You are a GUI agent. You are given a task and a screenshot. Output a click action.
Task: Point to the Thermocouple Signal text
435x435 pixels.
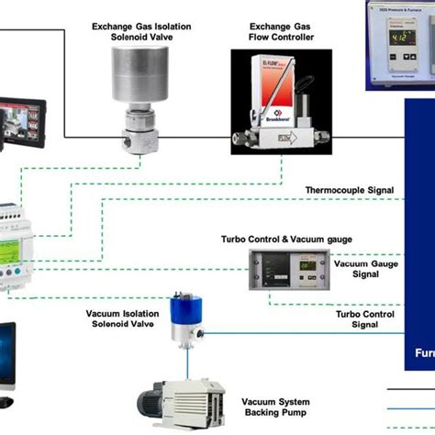pyautogui.click(x=350, y=191)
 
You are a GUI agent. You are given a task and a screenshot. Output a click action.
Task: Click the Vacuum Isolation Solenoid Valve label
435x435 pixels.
pyautogui.click(x=125, y=319)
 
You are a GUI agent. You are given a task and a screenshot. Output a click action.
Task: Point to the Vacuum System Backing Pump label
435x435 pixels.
pyautogui.click(x=275, y=407)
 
